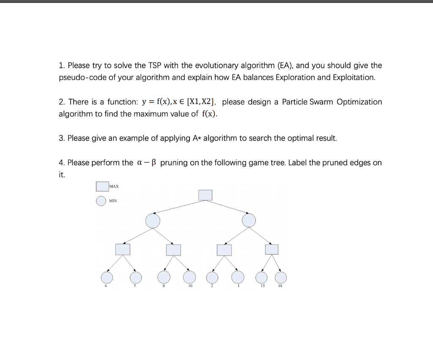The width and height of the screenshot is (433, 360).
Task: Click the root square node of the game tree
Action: click(x=206, y=195)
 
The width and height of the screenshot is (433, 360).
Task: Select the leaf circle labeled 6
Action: click(x=107, y=278)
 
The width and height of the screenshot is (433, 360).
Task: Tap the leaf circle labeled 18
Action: click(x=281, y=278)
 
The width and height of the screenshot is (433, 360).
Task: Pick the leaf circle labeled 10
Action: click(x=189, y=278)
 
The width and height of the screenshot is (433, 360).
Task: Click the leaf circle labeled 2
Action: click(x=213, y=278)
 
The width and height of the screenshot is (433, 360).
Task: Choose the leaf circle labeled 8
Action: click(x=164, y=278)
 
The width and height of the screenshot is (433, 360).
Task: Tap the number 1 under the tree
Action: click(x=238, y=287)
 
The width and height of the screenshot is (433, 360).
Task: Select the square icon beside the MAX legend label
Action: click(x=102, y=186)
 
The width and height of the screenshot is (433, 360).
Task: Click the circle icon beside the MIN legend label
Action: click(x=101, y=201)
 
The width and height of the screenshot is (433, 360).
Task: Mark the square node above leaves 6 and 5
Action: click(x=123, y=250)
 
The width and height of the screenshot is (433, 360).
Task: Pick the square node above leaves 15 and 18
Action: click(x=272, y=250)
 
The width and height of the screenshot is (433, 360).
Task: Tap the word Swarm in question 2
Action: click(x=322, y=102)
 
